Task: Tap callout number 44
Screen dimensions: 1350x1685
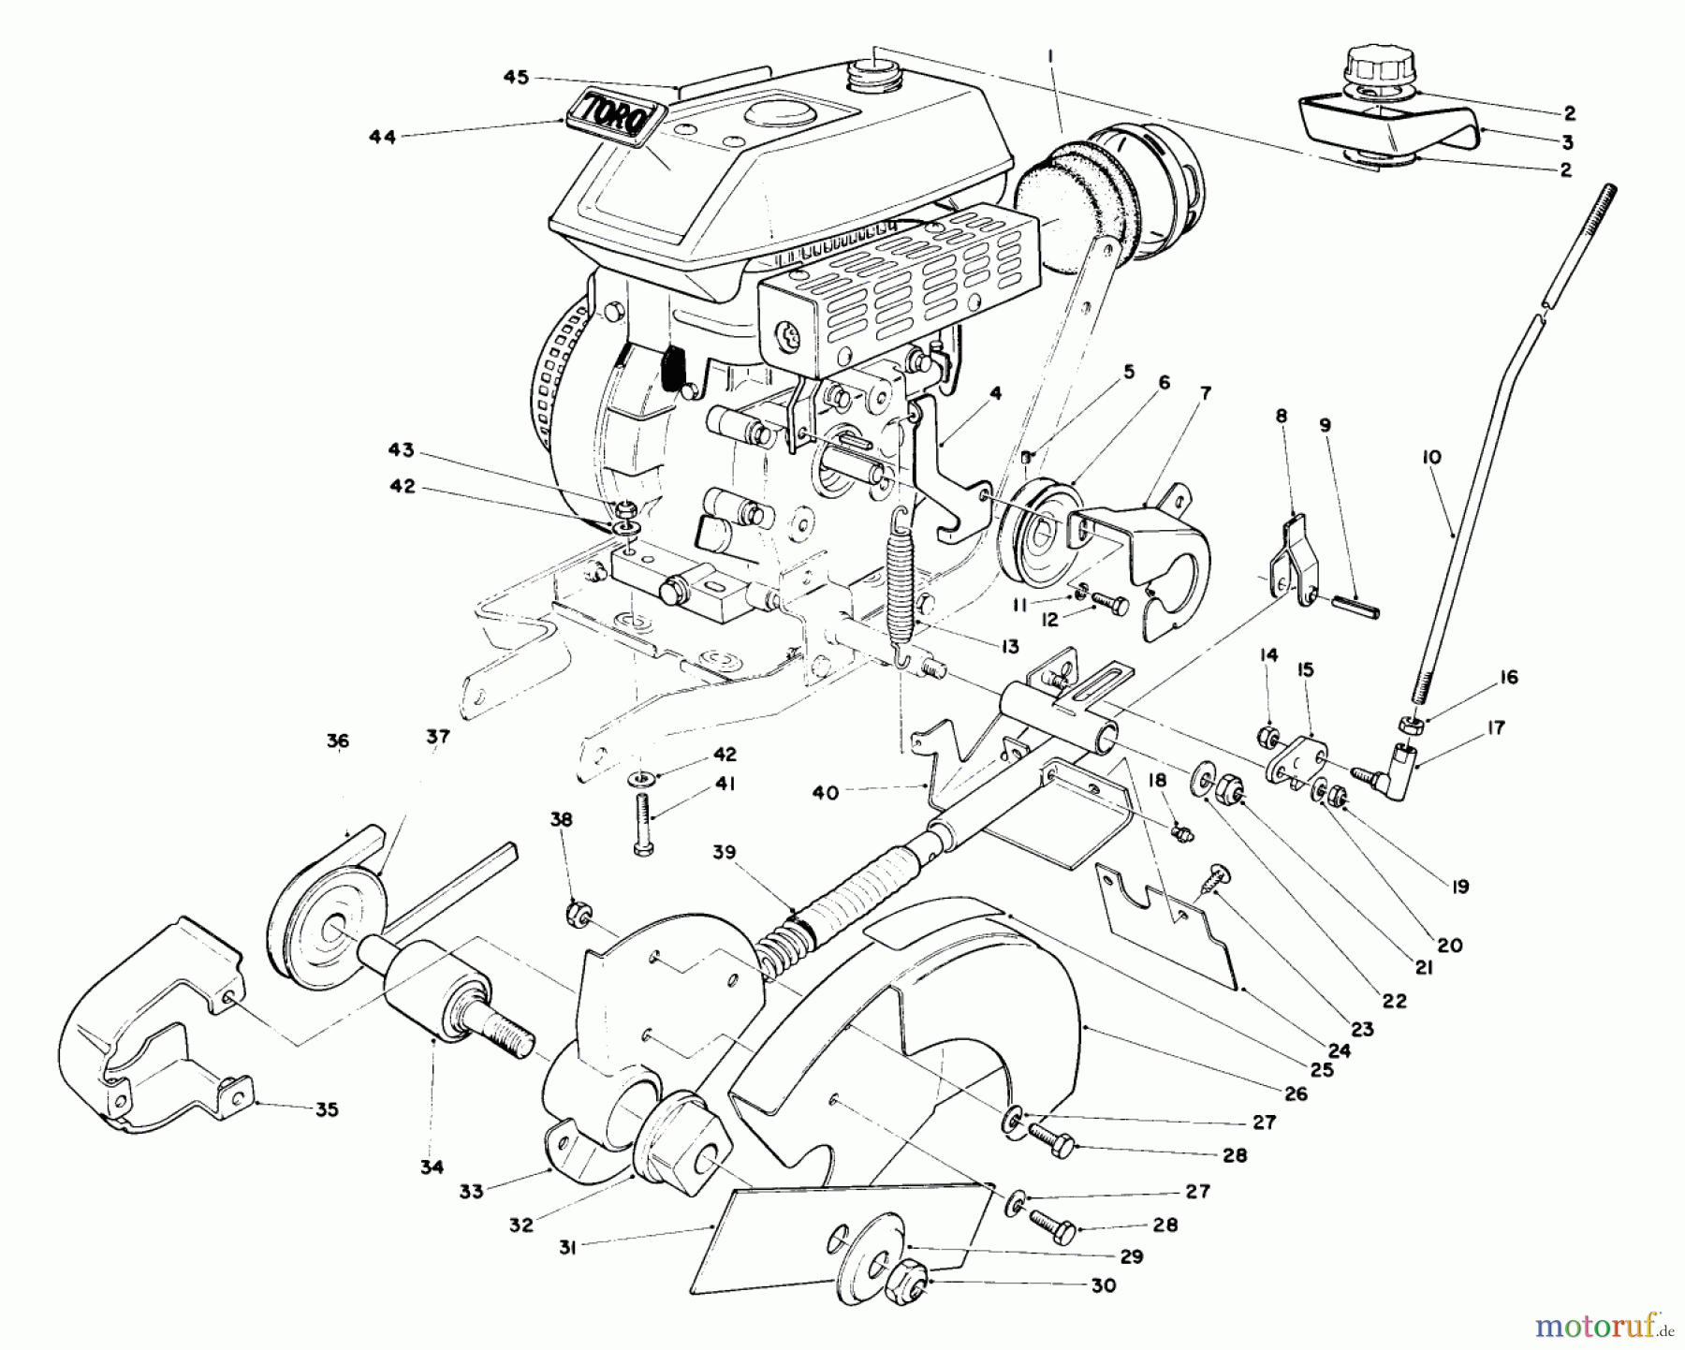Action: click(382, 137)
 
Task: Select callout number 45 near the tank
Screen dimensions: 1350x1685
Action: click(516, 78)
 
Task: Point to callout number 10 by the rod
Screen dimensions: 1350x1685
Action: click(1431, 457)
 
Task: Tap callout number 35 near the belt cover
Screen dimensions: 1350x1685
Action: click(326, 1109)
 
